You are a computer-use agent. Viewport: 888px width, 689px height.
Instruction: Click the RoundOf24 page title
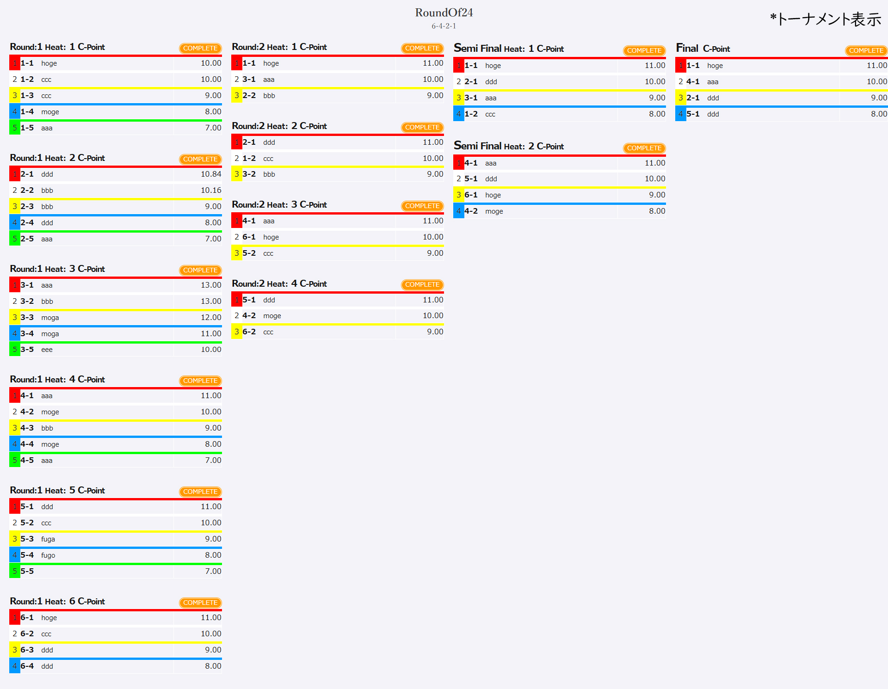coord(444,12)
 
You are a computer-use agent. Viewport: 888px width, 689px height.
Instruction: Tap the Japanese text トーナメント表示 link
coord(826,19)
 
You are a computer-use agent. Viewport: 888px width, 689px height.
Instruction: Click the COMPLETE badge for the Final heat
coord(866,50)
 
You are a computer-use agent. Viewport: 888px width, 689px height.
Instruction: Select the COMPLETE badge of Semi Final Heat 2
coord(644,148)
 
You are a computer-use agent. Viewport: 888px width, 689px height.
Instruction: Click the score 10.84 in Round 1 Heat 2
coord(210,174)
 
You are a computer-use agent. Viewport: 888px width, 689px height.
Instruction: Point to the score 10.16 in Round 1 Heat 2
coord(210,191)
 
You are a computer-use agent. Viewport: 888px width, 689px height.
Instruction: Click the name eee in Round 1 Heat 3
coord(47,350)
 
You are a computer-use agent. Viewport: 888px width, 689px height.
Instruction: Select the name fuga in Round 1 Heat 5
coord(48,539)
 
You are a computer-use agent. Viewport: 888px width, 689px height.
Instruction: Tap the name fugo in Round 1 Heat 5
coord(48,555)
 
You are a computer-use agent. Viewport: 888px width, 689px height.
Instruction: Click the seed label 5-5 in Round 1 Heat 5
coord(27,572)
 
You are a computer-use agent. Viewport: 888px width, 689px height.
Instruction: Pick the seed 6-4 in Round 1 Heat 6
coord(27,666)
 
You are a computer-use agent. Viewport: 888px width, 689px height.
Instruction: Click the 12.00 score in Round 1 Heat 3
coord(210,318)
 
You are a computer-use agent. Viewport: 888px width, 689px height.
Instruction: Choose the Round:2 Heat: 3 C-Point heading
coord(279,205)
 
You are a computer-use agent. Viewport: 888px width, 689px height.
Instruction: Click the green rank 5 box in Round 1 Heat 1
coord(14,128)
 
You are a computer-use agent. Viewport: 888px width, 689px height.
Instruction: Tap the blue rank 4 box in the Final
coord(680,114)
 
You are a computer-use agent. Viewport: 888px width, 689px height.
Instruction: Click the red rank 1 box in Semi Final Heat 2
coord(458,163)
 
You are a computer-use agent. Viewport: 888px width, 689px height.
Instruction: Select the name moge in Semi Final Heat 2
coord(493,211)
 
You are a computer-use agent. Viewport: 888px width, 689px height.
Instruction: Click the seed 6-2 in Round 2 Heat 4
coord(249,332)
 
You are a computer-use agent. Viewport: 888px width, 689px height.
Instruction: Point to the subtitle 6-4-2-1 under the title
coord(444,26)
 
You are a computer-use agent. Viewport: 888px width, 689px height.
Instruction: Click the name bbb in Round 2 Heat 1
coord(269,96)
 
